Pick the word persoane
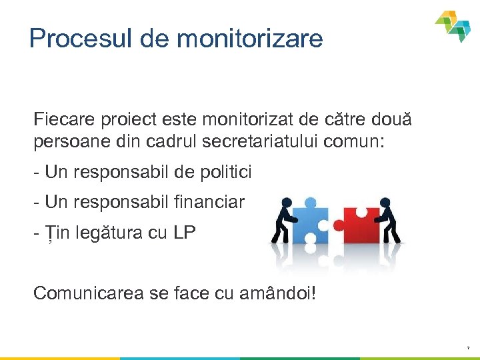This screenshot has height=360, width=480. (x=63, y=142)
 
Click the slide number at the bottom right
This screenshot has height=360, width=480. (x=468, y=348)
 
